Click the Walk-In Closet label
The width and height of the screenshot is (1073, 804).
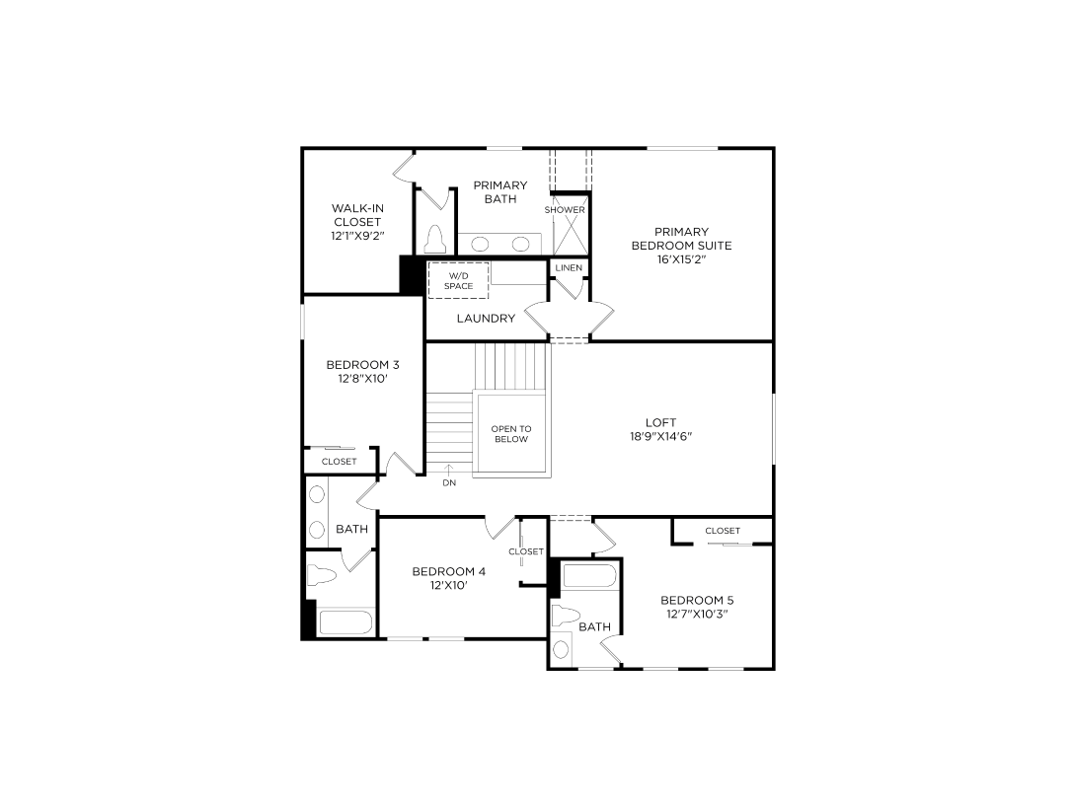(357, 215)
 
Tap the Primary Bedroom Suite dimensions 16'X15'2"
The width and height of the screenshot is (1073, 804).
(681, 259)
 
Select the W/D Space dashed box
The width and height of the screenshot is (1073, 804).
(458, 280)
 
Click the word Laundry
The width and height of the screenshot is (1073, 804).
(486, 318)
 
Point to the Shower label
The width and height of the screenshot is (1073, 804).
(565, 210)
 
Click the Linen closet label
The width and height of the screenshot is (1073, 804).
(569, 268)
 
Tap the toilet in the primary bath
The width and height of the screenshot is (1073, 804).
(435, 240)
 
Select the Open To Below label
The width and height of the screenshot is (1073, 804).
(511, 434)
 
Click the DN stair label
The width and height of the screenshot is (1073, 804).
(449, 482)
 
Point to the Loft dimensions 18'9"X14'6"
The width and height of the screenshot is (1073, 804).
(660, 436)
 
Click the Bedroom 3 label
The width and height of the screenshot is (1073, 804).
(362, 365)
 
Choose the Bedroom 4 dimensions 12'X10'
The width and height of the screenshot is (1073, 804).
(449, 585)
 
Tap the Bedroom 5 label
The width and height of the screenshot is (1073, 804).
(697, 600)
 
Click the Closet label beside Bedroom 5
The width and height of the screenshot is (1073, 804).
(723, 531)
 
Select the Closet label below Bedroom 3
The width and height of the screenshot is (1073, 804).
(340, 462)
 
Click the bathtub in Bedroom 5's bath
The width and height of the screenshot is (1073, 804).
(590, 576)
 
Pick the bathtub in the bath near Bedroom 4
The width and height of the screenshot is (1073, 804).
(345, 622)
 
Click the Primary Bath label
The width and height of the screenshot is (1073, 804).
(500, 192)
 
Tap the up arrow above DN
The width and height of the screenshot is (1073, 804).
(449, 470)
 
